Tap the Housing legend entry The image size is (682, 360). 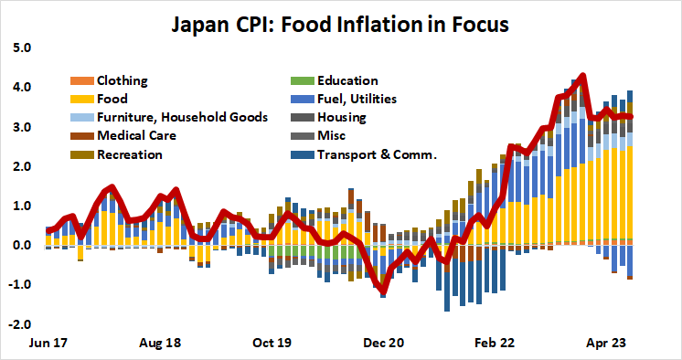[341, 117]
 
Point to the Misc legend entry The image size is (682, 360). [331, 135]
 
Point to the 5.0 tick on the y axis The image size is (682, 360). [21, 48]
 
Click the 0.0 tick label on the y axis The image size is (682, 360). [21, 246]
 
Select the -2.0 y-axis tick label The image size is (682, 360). [19, 324]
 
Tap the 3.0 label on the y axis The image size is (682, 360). [21, 127]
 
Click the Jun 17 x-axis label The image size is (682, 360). [52, 344]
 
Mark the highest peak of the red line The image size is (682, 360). [582, 76]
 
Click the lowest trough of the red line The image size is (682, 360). [383, 292]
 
